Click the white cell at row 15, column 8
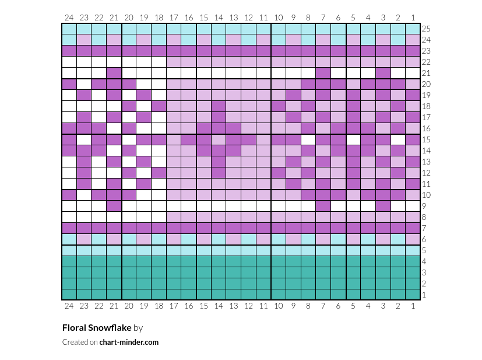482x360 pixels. pos(308,139)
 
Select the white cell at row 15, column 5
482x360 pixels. pos(353,139)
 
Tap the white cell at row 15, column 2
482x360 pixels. pos(398,139)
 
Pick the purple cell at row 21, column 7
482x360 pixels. pos(323,74)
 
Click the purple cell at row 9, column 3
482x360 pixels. pos(383,206)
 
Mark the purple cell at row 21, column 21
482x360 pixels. pos(114,74)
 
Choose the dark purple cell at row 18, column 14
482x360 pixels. pos(219,106)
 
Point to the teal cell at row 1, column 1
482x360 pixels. pos(413,295)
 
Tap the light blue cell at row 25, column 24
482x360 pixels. pos(69,29)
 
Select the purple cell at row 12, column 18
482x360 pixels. pos(159,173)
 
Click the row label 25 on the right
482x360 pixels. pos(426,29)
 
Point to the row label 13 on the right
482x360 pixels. pos(426,162)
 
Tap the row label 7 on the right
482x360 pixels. pos(424,228)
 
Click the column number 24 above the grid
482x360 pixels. pos(69,18)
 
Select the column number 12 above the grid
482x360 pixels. pos(248,18)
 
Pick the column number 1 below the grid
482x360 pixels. pos(413,306)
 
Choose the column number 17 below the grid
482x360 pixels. pos(174,306)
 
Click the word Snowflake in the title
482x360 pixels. pos(110,328)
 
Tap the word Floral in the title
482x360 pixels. pos(74,328)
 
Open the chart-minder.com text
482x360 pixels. pos(129,342)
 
